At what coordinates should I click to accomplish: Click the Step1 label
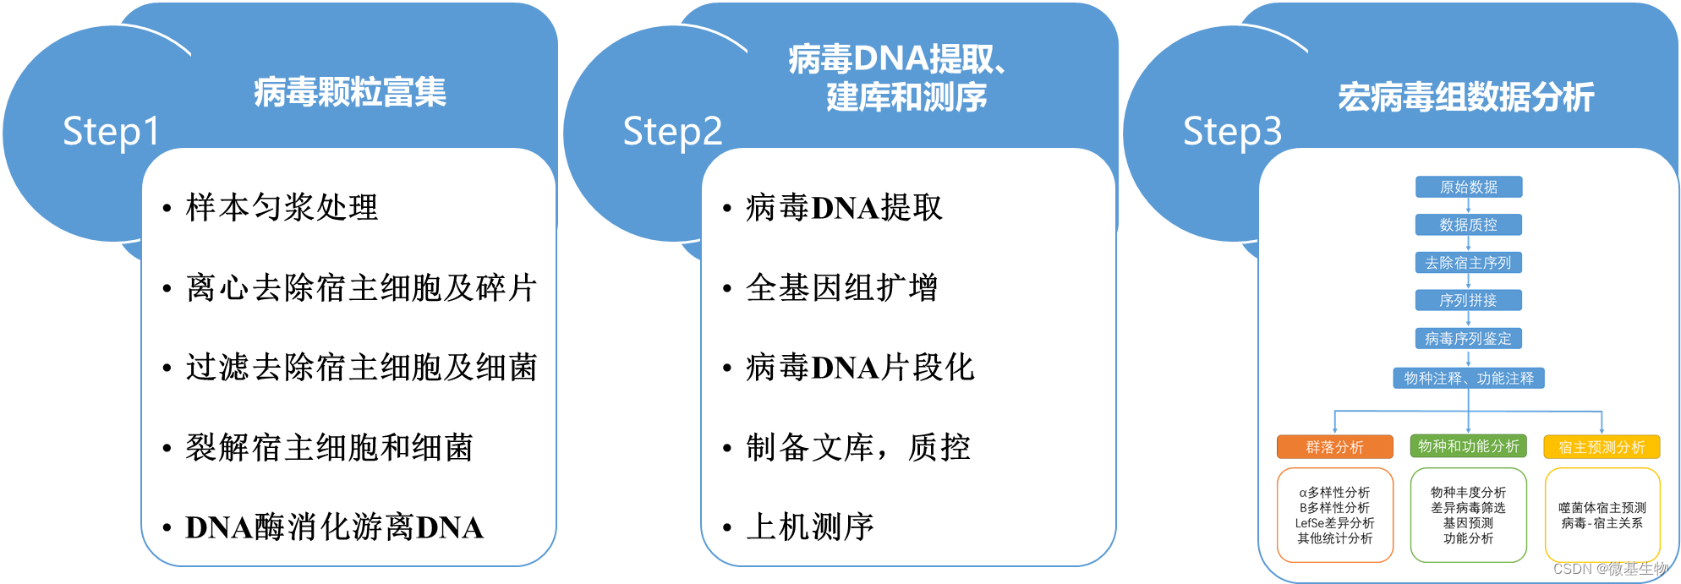tap(111, 132)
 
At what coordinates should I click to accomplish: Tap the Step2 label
tap(672, 132)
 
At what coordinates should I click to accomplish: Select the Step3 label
tap(1232, 132)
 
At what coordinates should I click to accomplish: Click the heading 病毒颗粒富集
tap(350, 92)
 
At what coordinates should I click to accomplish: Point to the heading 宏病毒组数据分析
tap(1466, 97)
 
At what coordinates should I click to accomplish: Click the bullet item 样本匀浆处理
tap(282, 208)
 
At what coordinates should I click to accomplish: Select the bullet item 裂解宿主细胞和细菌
tap(329, 448)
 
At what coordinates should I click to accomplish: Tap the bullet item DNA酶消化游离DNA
tap(334, 527)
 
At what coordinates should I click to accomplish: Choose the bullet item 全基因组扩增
tap(841, 288)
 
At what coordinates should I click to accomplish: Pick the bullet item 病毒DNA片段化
tap(860, 368)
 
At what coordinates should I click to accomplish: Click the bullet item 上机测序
tap(809, 527)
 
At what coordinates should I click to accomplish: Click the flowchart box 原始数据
tap(1469, 187)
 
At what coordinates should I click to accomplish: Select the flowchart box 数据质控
tap(1469, 225)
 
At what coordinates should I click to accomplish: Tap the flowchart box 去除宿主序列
tap(1469, 263)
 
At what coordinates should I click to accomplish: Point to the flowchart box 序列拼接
tap(1469, 300)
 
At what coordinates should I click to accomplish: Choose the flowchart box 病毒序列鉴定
tap(1469, 338)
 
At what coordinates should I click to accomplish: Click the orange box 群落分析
tap(1334, 447)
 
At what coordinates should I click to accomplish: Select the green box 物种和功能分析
tap(1469, 446)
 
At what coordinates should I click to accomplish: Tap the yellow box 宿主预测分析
tap(1602, 447)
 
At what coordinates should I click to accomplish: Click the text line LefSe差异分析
tap(1334, 523)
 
